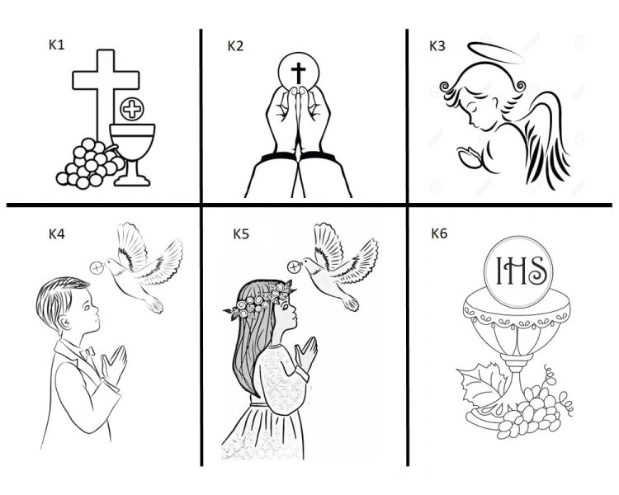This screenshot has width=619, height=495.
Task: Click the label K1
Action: pos(56,45)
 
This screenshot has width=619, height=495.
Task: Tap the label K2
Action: pos(235,45)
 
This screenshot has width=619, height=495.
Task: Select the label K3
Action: pos(437,45)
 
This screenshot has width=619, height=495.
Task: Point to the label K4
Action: pos(56,233)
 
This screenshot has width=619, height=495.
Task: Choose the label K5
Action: pos(241,233)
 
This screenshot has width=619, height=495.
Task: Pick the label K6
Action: pos(439,233)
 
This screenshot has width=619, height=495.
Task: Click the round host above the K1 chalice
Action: pos(131,108)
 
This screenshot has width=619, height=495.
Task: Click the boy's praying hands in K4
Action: pos(115,363)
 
